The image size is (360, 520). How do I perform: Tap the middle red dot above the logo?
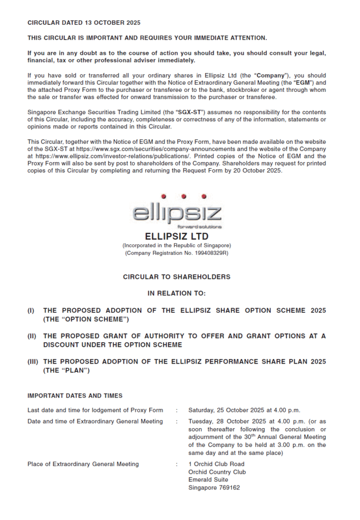coord(183,196)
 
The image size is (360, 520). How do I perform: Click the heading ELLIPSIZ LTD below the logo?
coord(177,237)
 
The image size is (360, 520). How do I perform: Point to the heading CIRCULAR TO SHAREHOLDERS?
coord(177,277)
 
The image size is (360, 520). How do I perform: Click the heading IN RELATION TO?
coord(177,294)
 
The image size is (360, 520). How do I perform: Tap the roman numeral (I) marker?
coord(31,310)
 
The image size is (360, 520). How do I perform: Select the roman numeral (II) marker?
coord(32,336)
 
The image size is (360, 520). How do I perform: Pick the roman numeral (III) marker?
coord(33,362)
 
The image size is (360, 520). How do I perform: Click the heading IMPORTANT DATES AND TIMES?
coord(75,396)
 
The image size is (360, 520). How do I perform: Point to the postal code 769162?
coord(229,487)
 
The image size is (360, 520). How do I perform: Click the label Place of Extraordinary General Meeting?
coord(83,464)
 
